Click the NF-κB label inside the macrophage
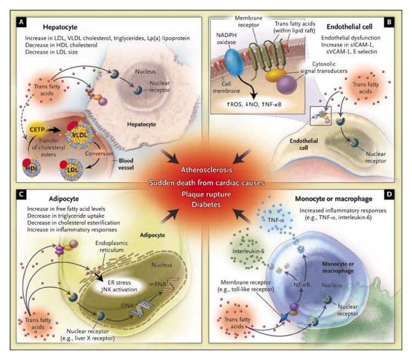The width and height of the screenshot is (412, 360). pos(296,285)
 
